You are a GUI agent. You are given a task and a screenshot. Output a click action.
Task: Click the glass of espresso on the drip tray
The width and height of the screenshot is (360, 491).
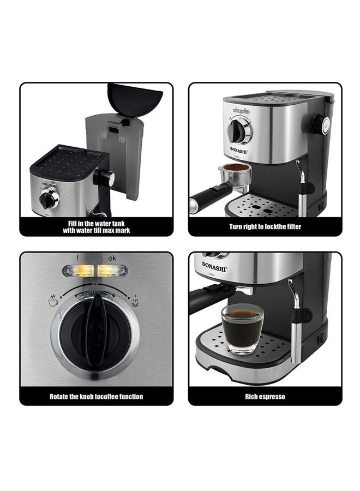coord(242,329)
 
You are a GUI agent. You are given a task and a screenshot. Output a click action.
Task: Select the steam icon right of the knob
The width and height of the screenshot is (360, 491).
coord(135,301)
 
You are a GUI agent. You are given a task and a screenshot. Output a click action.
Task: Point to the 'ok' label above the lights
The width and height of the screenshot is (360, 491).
coord(112,258)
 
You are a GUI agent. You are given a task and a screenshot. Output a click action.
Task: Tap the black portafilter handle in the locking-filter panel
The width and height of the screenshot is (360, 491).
coord(207,197)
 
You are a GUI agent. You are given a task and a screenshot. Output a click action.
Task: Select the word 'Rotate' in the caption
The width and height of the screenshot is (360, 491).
coord(59,397)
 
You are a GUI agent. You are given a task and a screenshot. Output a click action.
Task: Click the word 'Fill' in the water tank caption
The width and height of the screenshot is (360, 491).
coord(73,224)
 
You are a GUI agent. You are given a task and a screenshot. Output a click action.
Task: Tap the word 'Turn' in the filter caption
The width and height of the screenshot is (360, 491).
coord(236,226)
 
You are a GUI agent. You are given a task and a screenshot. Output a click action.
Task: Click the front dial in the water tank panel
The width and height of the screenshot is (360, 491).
coord(49,199)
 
